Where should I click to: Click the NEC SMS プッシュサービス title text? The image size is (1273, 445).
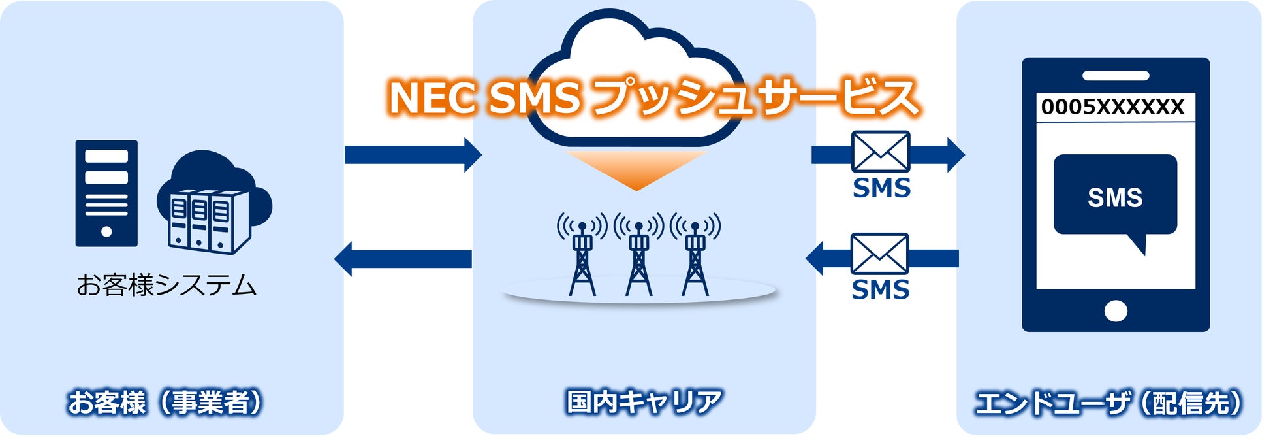click(x=653, y=98)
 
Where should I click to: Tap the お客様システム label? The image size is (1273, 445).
click(x=166, y=286)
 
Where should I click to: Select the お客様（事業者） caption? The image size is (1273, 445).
click(x=166, y=403)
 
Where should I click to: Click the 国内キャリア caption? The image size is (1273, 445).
click(x=644, y=401)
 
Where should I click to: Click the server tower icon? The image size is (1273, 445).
click(x=106, y=193)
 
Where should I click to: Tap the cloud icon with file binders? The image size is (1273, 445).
click(x=213, y=203)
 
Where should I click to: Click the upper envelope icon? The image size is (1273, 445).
click(x=881, y=152)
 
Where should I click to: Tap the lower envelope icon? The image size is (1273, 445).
click(x=880, y=254)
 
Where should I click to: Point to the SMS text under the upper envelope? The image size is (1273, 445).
click(x=881, y=188)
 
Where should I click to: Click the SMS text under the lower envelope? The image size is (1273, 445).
click(x=880, y=289)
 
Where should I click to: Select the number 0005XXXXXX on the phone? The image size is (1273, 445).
click(x=1112, y=107)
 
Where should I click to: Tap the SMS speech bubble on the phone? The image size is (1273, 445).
click(x=1115, y=196)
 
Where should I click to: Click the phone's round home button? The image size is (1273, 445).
click(x=1116, y=311)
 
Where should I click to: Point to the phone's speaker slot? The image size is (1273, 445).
click(x=1115, y=76)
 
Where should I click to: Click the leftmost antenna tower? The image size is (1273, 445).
click(x=582, y=255)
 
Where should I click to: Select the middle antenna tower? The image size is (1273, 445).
click(x=638, y=255)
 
